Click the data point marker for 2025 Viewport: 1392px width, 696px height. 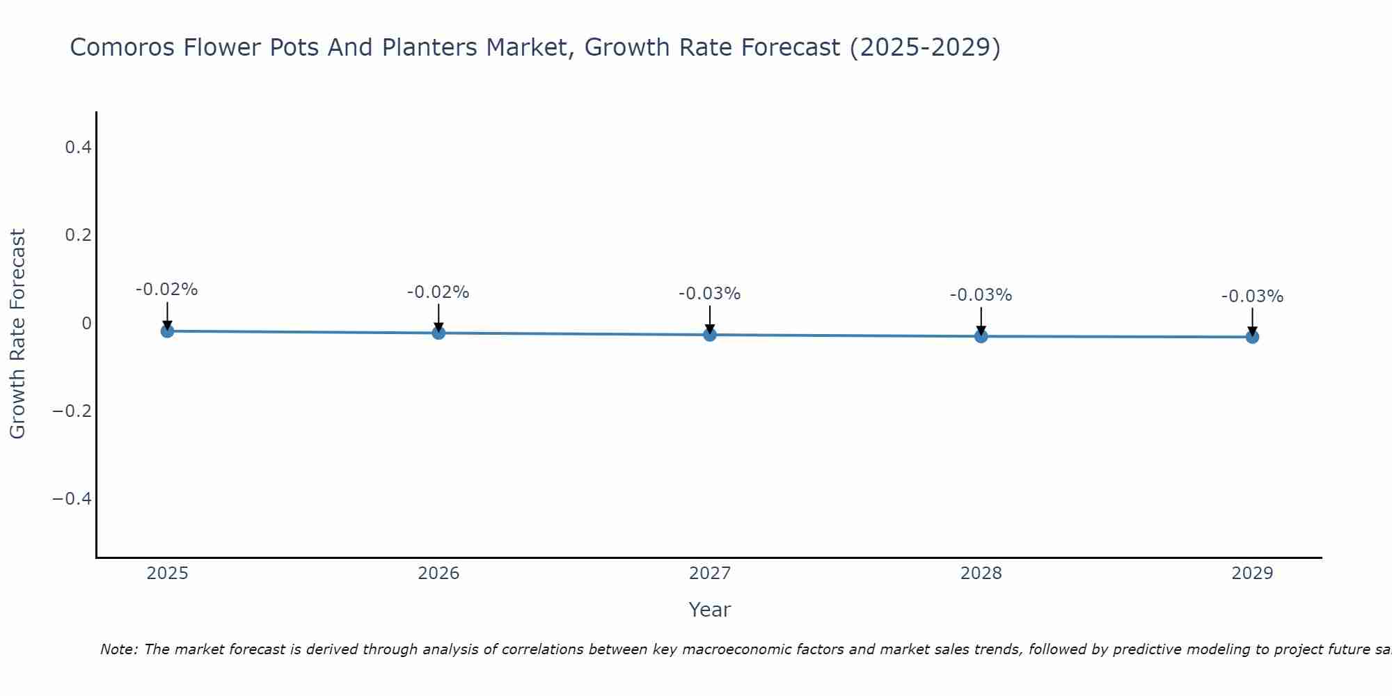tap(167, 331)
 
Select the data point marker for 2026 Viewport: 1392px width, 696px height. tap(438, 333)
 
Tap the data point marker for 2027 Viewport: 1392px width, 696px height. tap(710, 335)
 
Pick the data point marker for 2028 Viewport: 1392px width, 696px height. tap(981, 336)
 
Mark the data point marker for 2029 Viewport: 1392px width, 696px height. tap(1252, 337)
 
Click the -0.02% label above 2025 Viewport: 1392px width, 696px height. tap(166, 290)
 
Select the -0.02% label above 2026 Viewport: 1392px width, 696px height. tap(438, 292)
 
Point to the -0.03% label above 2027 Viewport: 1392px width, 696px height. tap(709, 294)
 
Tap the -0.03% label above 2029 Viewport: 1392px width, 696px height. tap(1252, 296)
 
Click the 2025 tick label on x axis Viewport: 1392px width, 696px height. tap(167, 574)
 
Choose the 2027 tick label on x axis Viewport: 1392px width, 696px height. tap(710, 574)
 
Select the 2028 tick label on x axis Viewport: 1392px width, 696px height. tap(981, 574)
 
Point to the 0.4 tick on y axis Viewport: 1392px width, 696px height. tap(78, 148)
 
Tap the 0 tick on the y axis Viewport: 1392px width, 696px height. tap(86, 323)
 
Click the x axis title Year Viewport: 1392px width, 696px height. tap(709, 610)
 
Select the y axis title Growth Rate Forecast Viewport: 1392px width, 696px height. tap(17, 334)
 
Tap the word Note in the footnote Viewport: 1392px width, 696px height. tap(118, 649)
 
